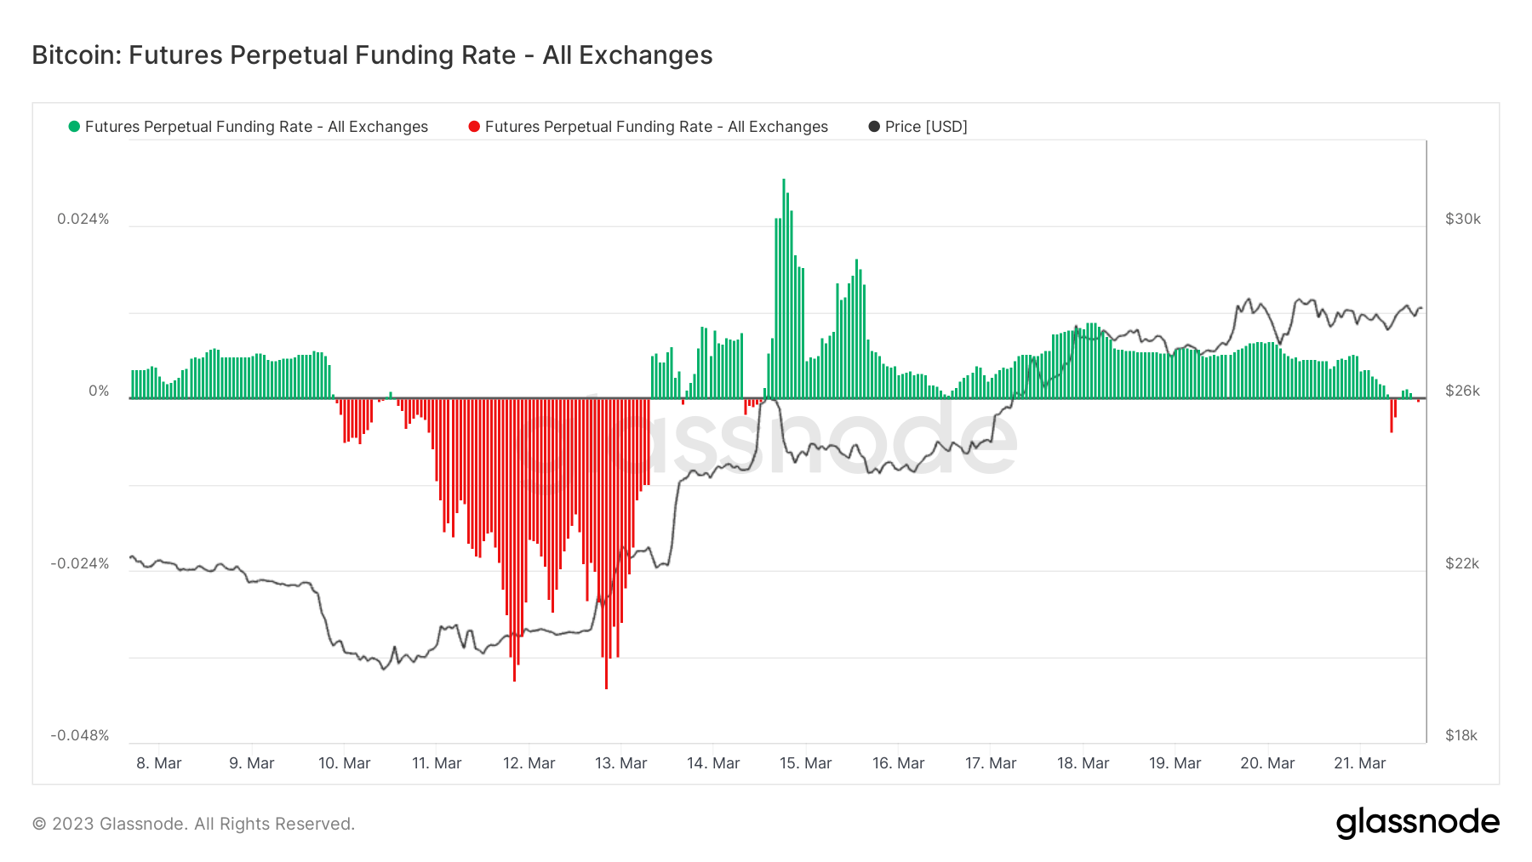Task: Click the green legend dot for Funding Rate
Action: click(x=74, y=127)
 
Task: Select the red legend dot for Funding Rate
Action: click(x=474, y=127)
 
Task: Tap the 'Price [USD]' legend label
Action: click(x=926, y=127)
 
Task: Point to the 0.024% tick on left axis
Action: click(x=83, y=219)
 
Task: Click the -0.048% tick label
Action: click(x=80, y=735)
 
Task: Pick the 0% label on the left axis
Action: click(x=99, y=391)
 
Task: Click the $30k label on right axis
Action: click(x=1462, y=219)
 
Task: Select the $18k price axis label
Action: click(x=1461, y=735)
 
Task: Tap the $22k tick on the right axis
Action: click(x=1461, y=563)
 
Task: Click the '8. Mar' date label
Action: click(x=159, y=763)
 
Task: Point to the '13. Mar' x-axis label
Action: click(x=620, y=763)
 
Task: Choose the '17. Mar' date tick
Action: click(x=991, y=763)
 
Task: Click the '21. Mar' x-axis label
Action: click(x=1359, y=763)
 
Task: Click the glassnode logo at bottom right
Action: click(x=1417, y=823)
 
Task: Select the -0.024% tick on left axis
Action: click(x=80, y=563)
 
